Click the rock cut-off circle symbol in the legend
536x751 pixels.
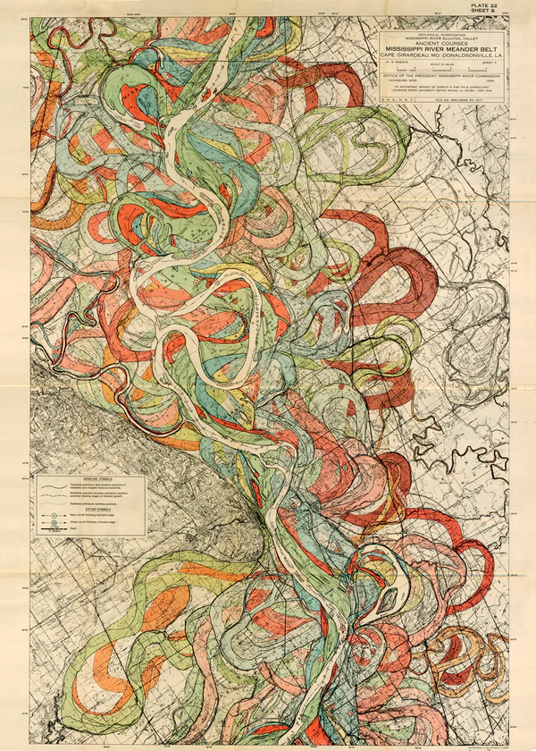click(54, 516)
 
